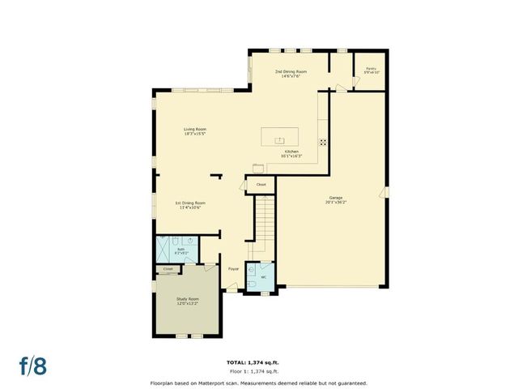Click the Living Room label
coord(194,131)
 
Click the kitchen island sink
coord(279,134)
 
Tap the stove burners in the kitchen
coord(323,141)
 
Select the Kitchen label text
coord(291,154)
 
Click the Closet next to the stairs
coord(261,185)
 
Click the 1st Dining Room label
coord(190,204)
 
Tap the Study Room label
coord(188,301)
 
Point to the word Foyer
coord(233,268)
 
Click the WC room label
coord(263,277)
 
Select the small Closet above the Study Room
coord(168,268)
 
